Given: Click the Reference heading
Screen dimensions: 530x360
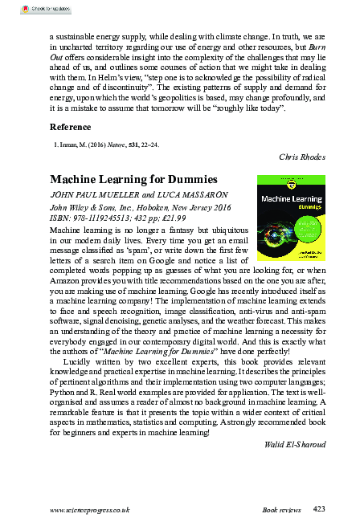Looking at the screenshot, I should point(70,128).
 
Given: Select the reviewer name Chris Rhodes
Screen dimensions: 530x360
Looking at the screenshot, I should point(302,156).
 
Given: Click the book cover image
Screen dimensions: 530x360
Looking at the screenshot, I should point(291,210).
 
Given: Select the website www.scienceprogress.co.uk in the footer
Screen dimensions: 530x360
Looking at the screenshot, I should point(89,510).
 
